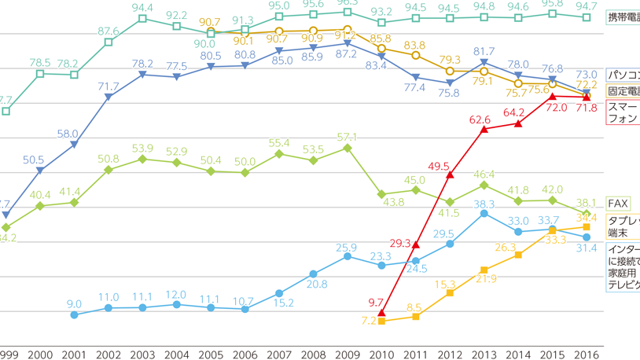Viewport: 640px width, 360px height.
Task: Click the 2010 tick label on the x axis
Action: click(381, 354)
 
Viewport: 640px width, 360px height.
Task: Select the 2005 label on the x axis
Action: click(211, 354)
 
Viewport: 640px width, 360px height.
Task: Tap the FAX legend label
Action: click(618, 204)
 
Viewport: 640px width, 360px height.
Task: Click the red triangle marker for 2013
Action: click(484, 129)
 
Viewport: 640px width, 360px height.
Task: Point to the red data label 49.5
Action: click(437, 167)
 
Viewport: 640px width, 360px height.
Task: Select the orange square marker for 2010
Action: click(381, 321)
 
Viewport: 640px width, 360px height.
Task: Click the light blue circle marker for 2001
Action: click(75, 314)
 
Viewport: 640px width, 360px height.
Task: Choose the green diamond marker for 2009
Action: click(348, 148)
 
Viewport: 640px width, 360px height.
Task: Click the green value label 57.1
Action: click(348, 137)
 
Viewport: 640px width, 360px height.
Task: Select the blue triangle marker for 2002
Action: click(109, 97)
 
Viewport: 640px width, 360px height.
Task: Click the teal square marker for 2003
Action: click(142, 18)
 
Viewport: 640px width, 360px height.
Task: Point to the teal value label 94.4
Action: click(142, 7)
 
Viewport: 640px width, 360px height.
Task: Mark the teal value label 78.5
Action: click(39, 62)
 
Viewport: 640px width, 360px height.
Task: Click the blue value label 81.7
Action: click(484, 52)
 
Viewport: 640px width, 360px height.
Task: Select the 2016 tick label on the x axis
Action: click(586, 354)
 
